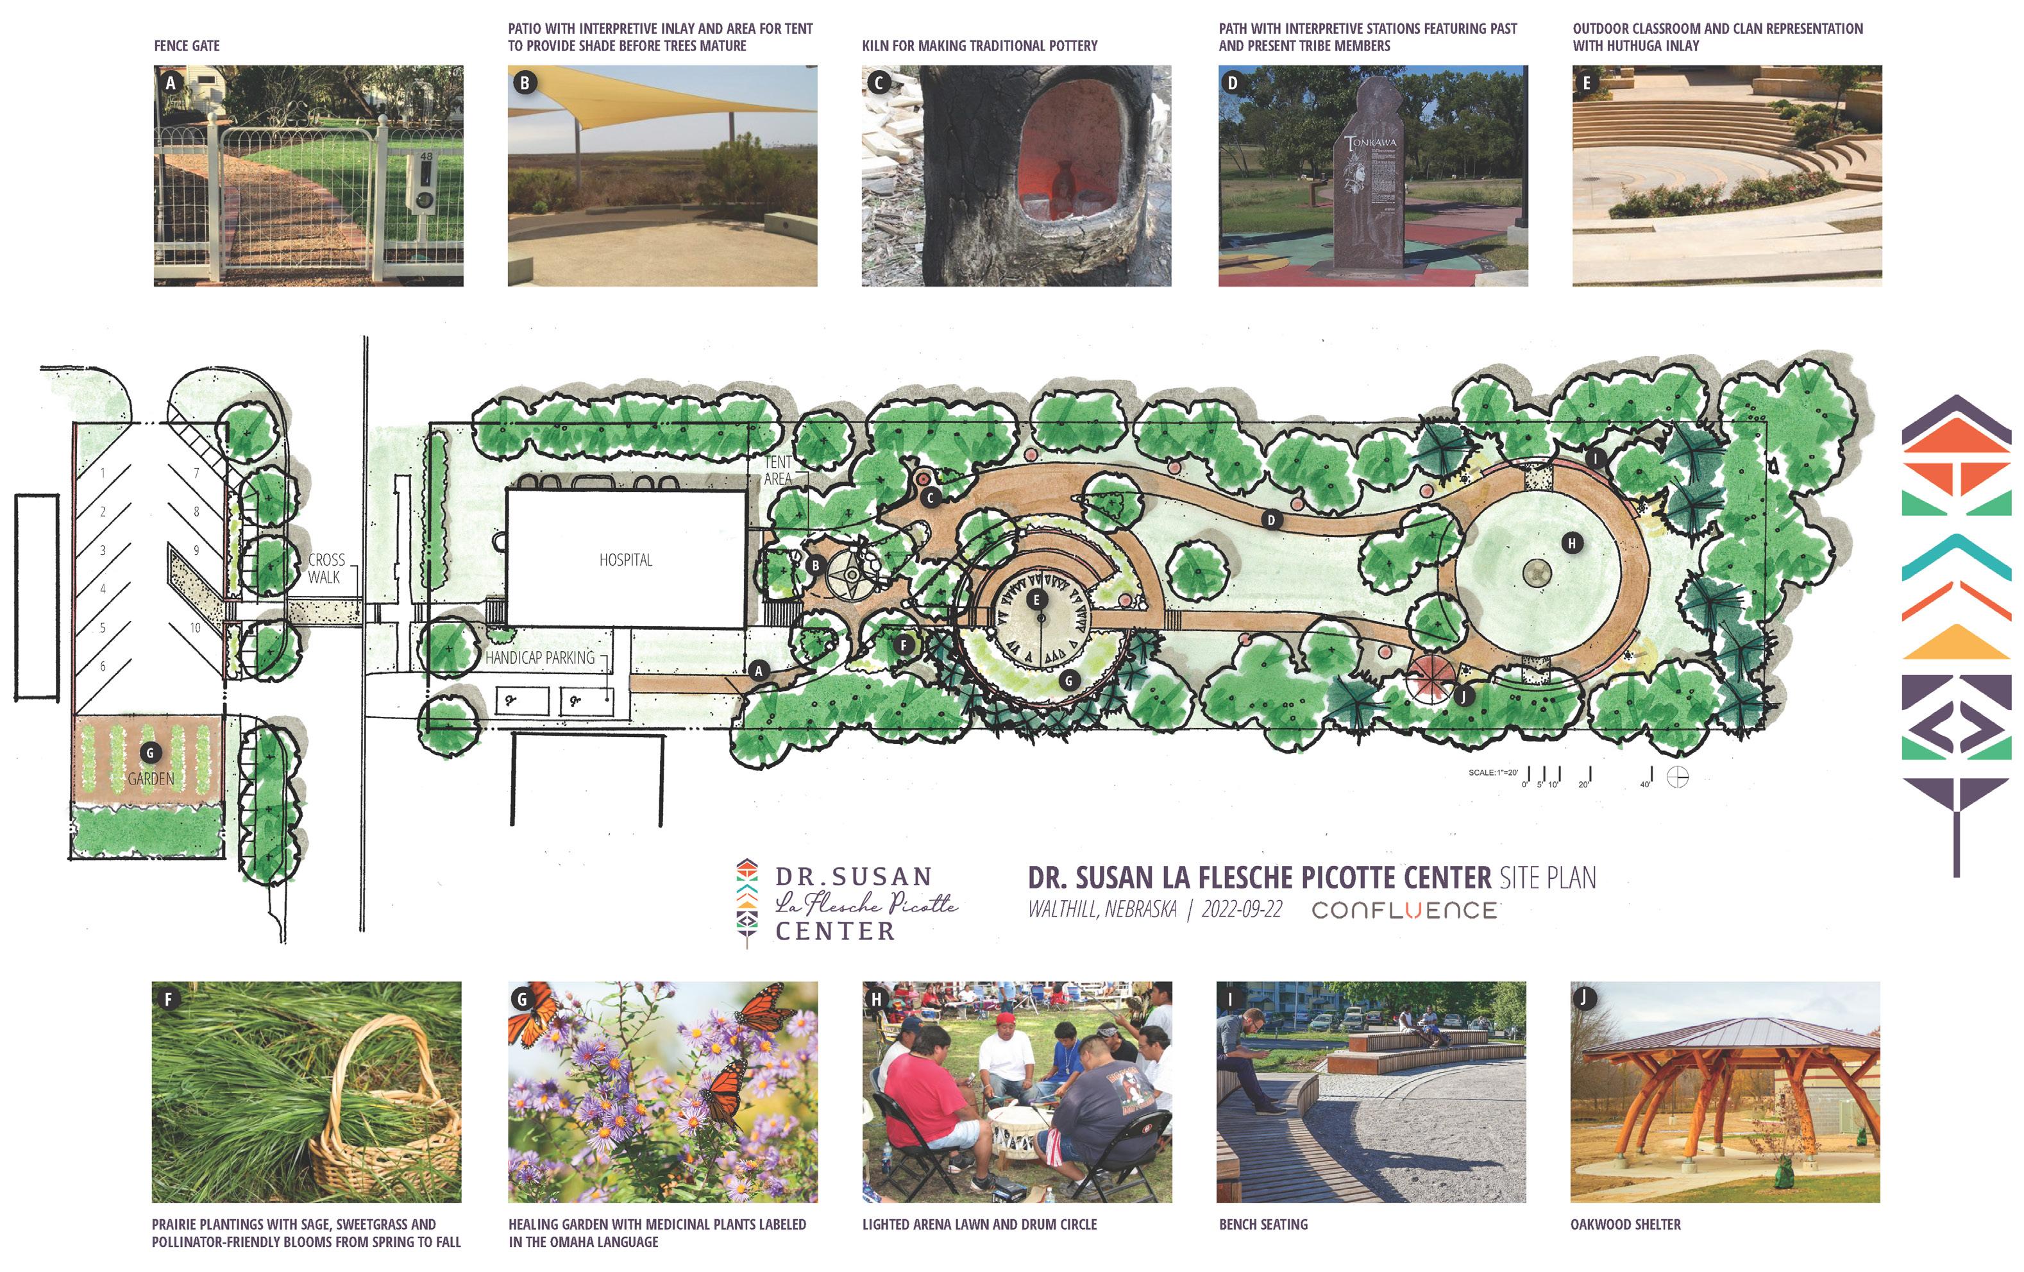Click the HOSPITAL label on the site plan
click(x=625, y=560)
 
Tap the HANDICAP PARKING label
click(x=539, y=657)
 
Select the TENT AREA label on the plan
click(x=777, y=470)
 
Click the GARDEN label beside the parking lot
click(x=151, y=779)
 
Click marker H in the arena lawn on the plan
click(x=1572, y=543)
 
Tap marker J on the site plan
click(x=1463, y=696)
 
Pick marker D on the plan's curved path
click(x=1271, y=520)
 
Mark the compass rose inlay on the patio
click(x=852, y=575)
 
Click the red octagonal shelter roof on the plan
click(x=1429, y=677)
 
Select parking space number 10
click(x=195, y=627)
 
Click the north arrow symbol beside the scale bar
click(x=1677, y=777)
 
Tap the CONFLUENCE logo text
click(x=1404, y=910)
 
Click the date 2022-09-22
click(x=1242, y=909)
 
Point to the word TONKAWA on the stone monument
click(x=1372, y=143)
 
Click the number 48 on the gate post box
click(x=426, y=157)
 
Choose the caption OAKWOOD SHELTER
click(x=1624, y=1224)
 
